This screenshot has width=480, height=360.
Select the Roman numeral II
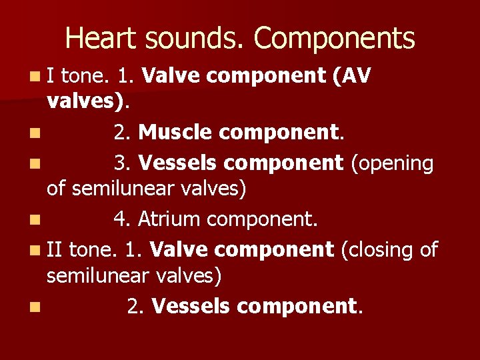coord(55,250)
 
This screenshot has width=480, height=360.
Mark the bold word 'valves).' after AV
coord(89,102)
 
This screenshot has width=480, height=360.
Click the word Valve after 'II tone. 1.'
coord(174,250)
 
